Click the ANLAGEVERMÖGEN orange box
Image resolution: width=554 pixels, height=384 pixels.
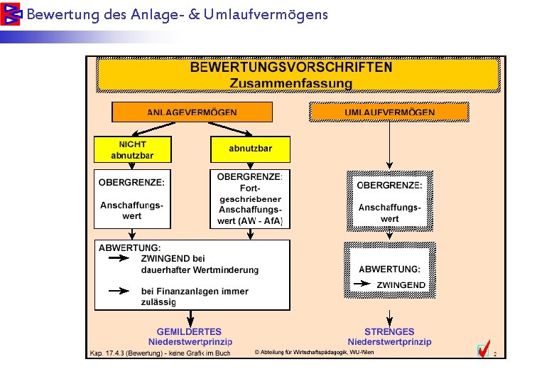192,112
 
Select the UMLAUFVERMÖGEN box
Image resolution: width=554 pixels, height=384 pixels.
389,112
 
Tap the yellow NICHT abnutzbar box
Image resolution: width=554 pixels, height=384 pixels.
133,149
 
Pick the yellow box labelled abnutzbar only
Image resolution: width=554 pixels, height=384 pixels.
250,149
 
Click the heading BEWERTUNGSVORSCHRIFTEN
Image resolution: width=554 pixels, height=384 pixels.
291,68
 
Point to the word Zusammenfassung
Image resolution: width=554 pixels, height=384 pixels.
291,83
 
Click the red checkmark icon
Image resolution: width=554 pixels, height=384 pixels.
483,350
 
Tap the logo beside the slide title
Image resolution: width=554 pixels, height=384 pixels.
11,14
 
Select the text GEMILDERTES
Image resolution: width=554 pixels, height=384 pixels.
189,331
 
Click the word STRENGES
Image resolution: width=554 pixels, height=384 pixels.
389,331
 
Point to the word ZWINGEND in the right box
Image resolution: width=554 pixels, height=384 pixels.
401,284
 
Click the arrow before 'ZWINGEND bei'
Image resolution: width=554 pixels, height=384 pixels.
119,259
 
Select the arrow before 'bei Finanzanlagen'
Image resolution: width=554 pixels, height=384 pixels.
119,291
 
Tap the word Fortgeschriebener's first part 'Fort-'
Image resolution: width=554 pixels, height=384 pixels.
251,188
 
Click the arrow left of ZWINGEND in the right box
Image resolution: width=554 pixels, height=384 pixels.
362,284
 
